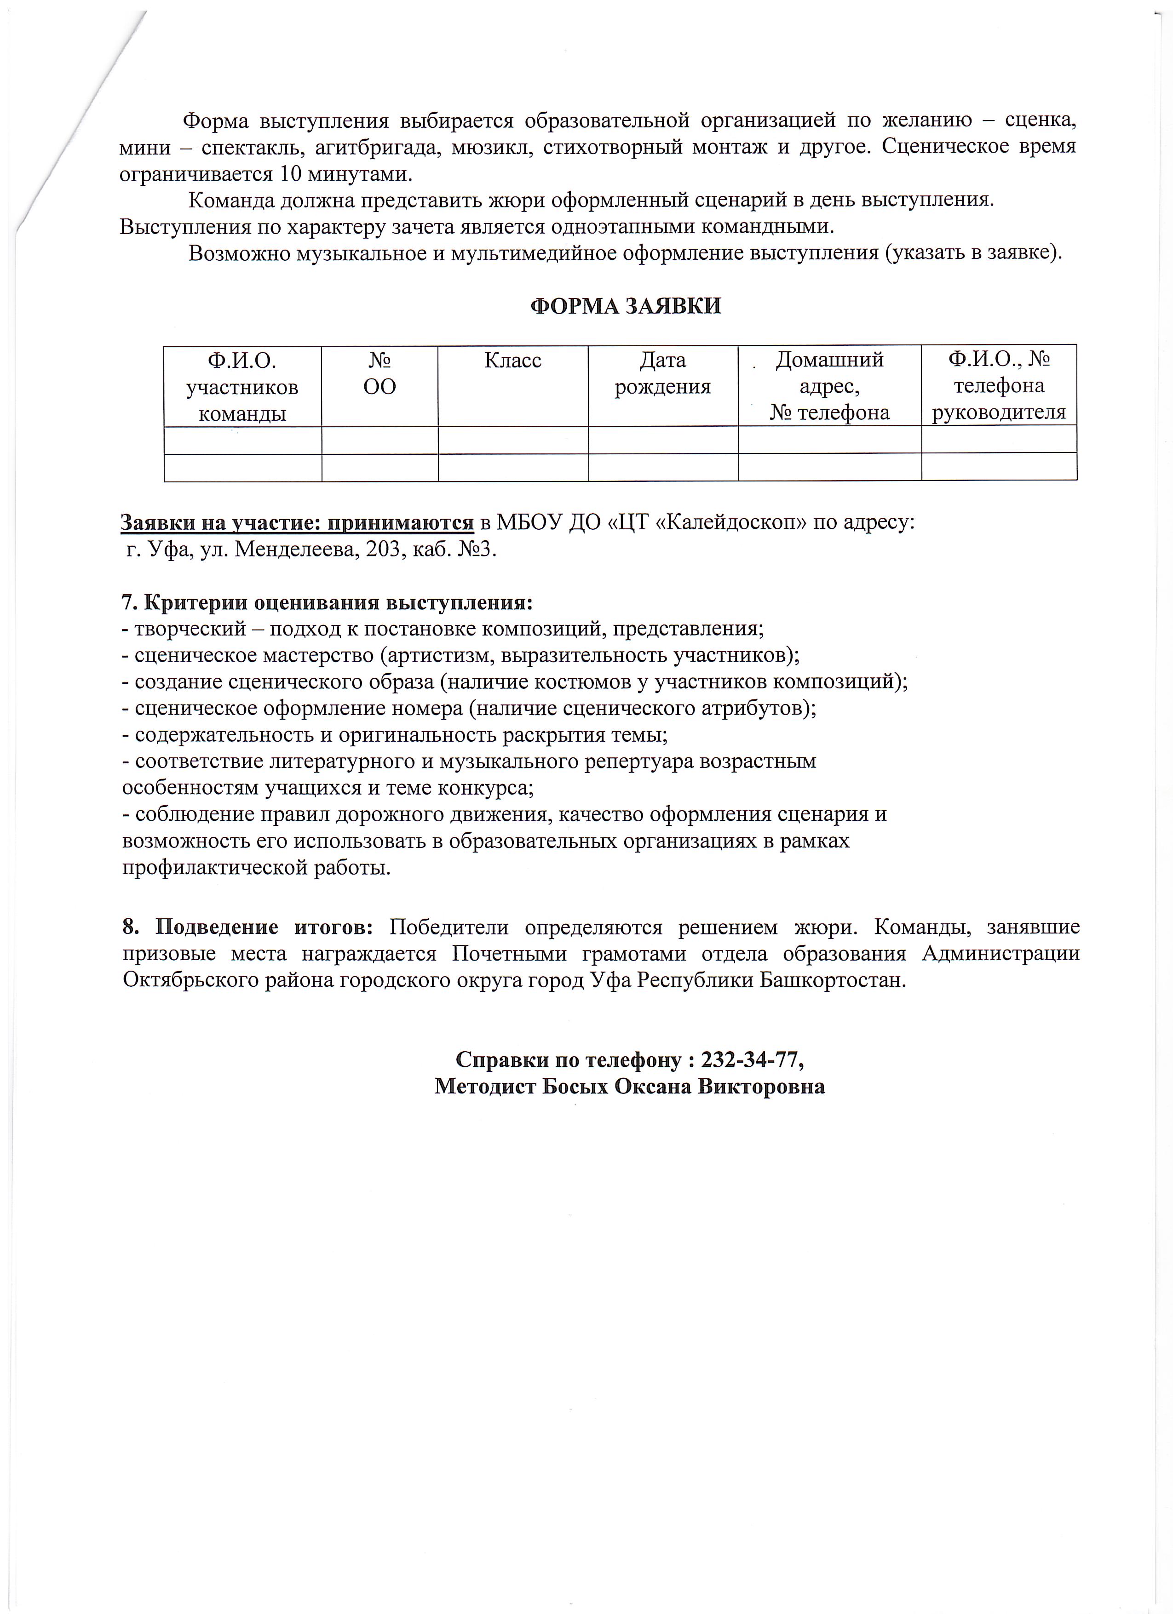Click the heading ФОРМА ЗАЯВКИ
(x=627, y=306)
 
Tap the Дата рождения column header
(x=663, y=373)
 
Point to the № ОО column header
(x=380, y=373)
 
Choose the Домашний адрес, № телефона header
(x=829, y=386)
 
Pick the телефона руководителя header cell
(x=999, y=386)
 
